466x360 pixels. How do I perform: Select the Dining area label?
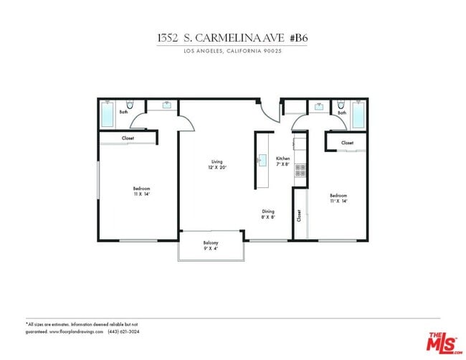268,214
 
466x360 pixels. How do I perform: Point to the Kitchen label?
283,161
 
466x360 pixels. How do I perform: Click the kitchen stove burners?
300,171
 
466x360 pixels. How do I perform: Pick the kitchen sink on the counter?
262,160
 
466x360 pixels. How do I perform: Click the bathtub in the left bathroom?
108,114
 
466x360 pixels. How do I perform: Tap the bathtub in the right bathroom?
357,114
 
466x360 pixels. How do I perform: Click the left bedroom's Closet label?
128,138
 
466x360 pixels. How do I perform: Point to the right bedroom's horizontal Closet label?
347,143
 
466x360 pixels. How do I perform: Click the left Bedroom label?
141,191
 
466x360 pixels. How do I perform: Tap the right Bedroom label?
338,198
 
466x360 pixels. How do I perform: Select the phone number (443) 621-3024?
123,332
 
